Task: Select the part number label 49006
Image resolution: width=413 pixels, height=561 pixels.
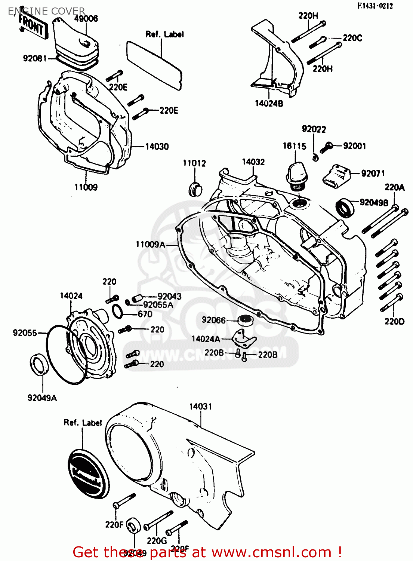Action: click(86, 18)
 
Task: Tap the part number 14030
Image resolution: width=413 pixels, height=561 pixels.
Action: click(157, 147)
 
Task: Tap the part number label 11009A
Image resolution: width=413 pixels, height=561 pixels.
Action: click(150, 245)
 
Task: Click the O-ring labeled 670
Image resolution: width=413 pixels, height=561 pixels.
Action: click(117, 312)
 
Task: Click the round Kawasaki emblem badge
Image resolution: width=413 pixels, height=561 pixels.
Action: click(89, 473)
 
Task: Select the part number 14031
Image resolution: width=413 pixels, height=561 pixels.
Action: click(200, 407)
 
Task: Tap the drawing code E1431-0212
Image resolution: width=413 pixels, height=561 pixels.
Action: click(375, 6)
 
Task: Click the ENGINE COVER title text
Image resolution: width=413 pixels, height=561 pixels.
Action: click(46, 11)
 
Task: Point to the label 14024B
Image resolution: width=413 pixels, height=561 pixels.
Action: click(269, 104)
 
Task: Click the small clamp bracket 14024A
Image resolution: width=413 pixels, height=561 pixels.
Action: click(243, 338)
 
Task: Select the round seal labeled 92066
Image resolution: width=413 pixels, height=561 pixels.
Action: click(246, 320)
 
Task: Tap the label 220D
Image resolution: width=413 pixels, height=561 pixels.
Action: click(394, 322)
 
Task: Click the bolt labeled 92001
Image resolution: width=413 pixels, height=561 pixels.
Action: click(326, 147)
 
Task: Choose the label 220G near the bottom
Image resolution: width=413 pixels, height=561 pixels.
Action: click(157, 541)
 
